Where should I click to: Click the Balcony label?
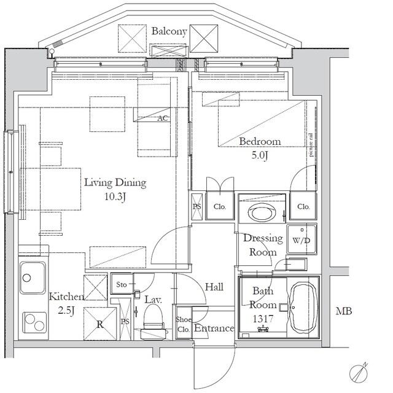[x=169, y=31]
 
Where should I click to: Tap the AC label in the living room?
[x=163, y=118]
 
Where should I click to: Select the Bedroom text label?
[x=260, y=141]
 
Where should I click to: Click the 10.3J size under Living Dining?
[x=115, y=196]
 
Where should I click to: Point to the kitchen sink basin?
[x=33, y=278]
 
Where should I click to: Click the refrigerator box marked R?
[x=100, y=324]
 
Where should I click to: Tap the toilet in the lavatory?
[x=154, y=323]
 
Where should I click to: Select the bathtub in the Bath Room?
[x=303, y=308]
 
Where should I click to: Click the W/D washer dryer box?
[x=302, y=239]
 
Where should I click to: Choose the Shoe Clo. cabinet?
[x=184, y=322]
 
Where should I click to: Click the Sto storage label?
[x=122, y=284]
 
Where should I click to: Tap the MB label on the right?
[x=344, y=311]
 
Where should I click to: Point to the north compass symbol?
[x=359, y=373]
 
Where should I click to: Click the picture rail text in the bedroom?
[x=311, y=145]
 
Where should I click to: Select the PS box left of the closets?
[x=196, y=207]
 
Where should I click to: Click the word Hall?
[x=214, y=287]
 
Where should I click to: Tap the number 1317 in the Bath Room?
[x=263, y=319]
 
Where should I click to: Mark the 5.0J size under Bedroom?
[x=260, y=155]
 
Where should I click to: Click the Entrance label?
[x=214, y=328]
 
